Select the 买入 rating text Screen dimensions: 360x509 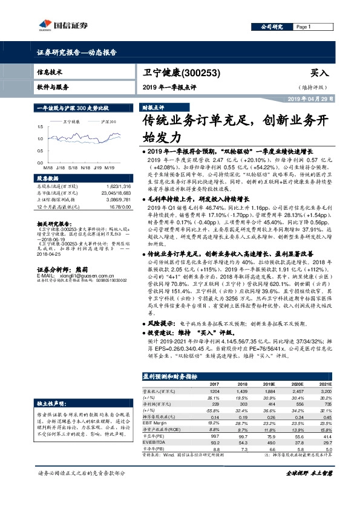click(x=319, y=73)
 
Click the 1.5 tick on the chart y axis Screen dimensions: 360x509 click(x=40, y=126)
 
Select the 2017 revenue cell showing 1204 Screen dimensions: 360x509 click(x=214, y=391)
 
